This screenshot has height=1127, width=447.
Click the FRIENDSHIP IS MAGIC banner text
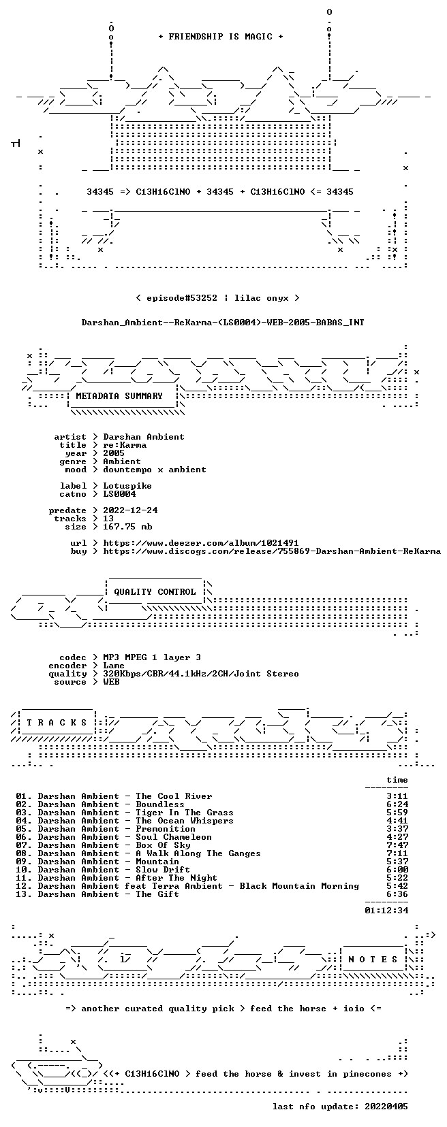[221, 37]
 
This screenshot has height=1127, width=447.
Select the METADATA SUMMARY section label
[119, 396]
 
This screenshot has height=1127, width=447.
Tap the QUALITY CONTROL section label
[155, 591]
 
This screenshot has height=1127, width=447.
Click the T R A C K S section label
[57, 723]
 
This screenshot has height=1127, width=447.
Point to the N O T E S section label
[373, 959]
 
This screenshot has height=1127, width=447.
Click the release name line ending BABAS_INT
[223, 322]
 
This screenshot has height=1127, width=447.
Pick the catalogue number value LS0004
[119, 493]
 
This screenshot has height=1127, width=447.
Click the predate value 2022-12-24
[131, 510]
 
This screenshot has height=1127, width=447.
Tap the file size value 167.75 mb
[127, 526]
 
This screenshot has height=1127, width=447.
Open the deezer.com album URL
[201, 543]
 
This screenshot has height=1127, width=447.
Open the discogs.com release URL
[272, 551]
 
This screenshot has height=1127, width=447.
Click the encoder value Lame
[114, 665]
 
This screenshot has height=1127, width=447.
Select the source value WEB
[111, 682]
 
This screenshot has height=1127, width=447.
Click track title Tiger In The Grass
[185, 812]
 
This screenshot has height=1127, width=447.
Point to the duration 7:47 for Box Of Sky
[397, 845]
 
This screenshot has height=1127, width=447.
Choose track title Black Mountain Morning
[299, 885]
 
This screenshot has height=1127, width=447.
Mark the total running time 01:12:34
[386, 910]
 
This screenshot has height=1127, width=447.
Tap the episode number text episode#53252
[182, 298]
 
